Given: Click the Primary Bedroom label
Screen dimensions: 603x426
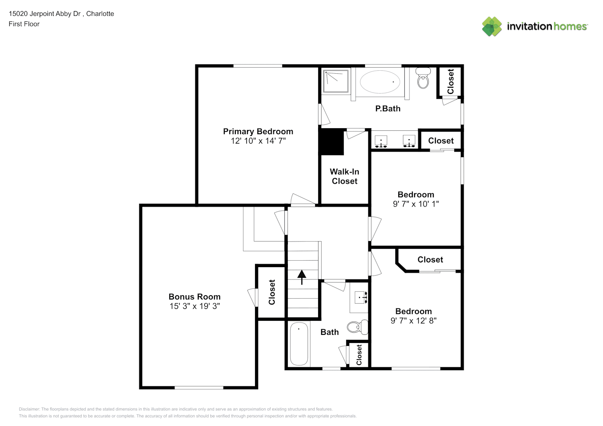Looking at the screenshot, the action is [258, 132].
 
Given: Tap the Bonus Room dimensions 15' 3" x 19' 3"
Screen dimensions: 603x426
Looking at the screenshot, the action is [194, 306].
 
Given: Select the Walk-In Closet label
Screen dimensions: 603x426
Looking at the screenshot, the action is [344, 176].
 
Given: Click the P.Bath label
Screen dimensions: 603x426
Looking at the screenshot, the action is [388, 109].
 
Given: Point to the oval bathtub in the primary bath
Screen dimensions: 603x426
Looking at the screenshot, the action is [380, 82].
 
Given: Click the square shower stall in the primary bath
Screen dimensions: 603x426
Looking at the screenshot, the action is [336, 81].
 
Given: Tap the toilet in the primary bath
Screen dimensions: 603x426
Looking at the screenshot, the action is [423, 78].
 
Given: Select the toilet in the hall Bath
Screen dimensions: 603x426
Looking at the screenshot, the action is [358, 327].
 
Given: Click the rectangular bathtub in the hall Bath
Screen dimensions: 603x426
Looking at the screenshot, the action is [299, 344].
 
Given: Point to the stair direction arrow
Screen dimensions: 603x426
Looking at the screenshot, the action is [301, 277].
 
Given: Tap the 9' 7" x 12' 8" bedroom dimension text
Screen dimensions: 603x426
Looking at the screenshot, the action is [414, 321].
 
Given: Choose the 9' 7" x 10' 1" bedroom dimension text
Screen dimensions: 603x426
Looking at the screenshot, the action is [416, 204].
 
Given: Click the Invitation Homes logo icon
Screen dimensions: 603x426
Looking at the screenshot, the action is [492, 26].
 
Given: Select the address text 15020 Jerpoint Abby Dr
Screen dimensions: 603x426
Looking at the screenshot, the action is [45, 14].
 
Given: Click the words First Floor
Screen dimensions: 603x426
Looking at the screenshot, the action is [24, 24].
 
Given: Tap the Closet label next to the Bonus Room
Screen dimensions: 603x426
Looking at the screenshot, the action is [272, 292].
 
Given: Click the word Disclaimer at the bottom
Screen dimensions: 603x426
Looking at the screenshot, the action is [29, 409].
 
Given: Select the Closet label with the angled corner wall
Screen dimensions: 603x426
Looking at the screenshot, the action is [430, 259].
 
